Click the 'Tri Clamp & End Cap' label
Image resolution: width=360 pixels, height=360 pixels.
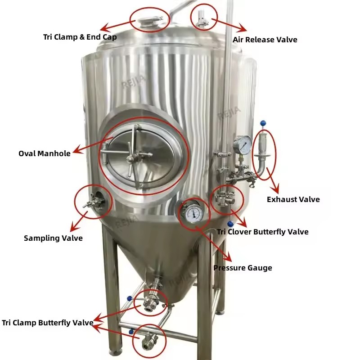[80, 37]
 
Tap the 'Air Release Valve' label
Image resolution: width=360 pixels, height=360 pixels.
[265, 40]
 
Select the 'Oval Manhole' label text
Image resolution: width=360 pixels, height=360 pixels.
[45, 153]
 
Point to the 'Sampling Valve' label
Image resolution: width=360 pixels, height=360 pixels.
[53, 238]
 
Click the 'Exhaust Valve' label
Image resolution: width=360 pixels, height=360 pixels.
[293, 199]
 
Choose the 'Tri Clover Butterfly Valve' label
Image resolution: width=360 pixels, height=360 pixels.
[263, 232]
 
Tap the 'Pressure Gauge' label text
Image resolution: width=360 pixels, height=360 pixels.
[243, 268]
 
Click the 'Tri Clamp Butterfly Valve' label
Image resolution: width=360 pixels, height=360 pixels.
[48, 323]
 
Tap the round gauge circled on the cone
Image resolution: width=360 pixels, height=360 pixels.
[193, 212]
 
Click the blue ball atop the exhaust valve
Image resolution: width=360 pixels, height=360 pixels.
[263, 123]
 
